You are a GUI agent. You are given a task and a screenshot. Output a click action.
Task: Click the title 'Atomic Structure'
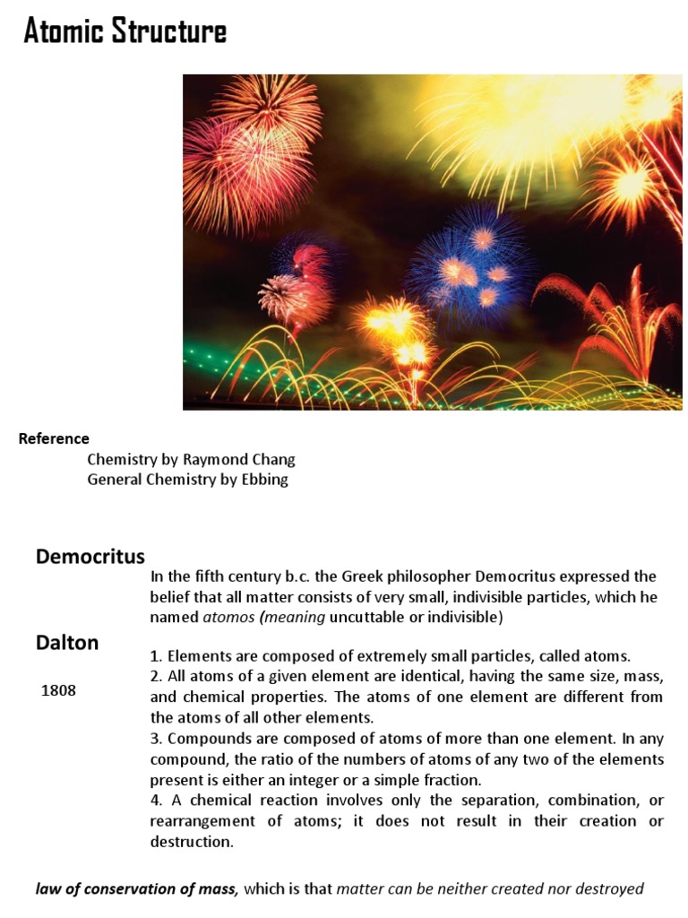click(x=125, y=31)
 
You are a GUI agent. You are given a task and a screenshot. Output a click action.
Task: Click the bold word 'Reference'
click(x=54, y=438)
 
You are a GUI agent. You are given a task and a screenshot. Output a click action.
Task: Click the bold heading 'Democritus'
click(x=90, y=557)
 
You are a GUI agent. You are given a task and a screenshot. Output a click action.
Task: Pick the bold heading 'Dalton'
click(x=67, y=642)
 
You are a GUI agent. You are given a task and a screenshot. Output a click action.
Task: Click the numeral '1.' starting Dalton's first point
click(x=157, y=656)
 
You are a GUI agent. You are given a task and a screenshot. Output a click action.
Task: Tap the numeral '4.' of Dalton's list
click(x=157, y=801)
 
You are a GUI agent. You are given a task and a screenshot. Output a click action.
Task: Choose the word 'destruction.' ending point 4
click(x=191, y=842)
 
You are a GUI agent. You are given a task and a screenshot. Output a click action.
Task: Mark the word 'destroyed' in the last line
click(x=610, y=889)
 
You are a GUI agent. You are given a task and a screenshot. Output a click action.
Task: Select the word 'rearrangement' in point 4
click(x=198, y=821)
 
